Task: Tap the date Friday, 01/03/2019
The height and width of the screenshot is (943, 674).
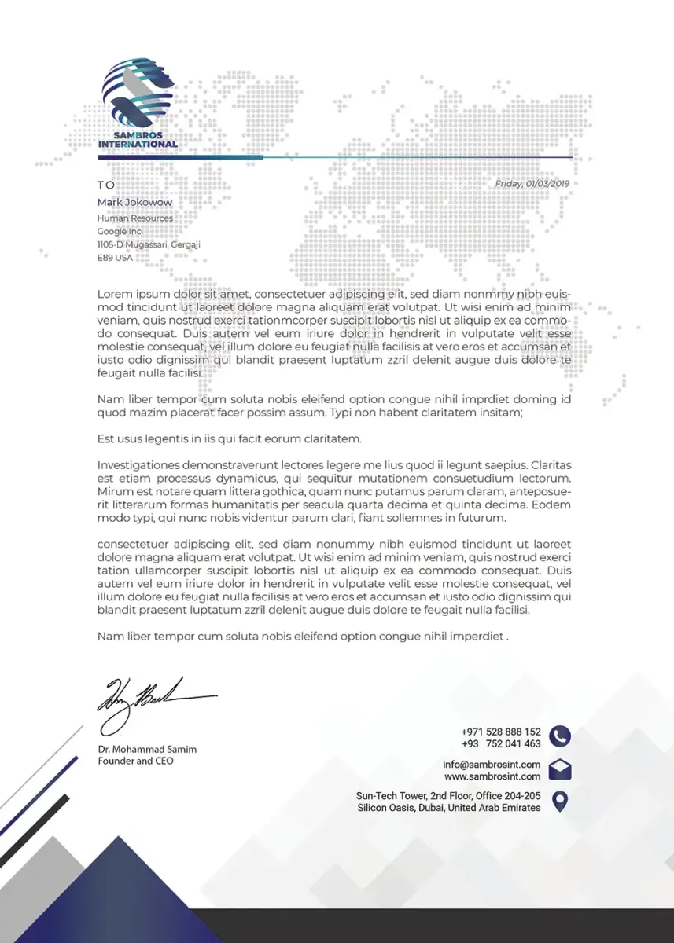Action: [x=532, y=184]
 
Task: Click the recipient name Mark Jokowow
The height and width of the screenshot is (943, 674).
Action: [x=134, y=203]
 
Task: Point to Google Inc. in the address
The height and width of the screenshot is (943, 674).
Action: [x=120, y=232]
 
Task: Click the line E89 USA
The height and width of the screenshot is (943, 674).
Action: [x=115, y=258]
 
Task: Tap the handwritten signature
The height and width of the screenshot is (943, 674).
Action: [x=153, y=699]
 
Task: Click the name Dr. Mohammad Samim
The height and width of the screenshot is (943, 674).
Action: [x=147, y=750]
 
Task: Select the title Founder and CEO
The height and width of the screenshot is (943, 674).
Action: [x=135, y=761]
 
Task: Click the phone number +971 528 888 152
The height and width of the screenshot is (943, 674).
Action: [x=501, y=732]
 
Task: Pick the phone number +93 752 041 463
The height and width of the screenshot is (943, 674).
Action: [x=501, y=744]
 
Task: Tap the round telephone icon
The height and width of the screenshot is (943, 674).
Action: [x=560, y=736]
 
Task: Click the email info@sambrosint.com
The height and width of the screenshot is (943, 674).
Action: [x=492, y=765]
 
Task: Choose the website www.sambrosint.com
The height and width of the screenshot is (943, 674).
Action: [x=492, y=777]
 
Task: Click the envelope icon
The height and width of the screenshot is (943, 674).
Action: [x=560, y=770]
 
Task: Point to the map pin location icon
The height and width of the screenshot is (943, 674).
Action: [x=560, y=802]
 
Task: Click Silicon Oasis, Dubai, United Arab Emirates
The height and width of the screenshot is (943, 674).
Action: [x=448, y=808]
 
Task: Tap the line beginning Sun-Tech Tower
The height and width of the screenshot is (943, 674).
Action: [x=448, y=796]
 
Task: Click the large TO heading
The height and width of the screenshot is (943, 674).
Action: [x=106, y=185]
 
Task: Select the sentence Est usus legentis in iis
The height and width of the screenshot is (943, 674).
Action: [x=229, y=438]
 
